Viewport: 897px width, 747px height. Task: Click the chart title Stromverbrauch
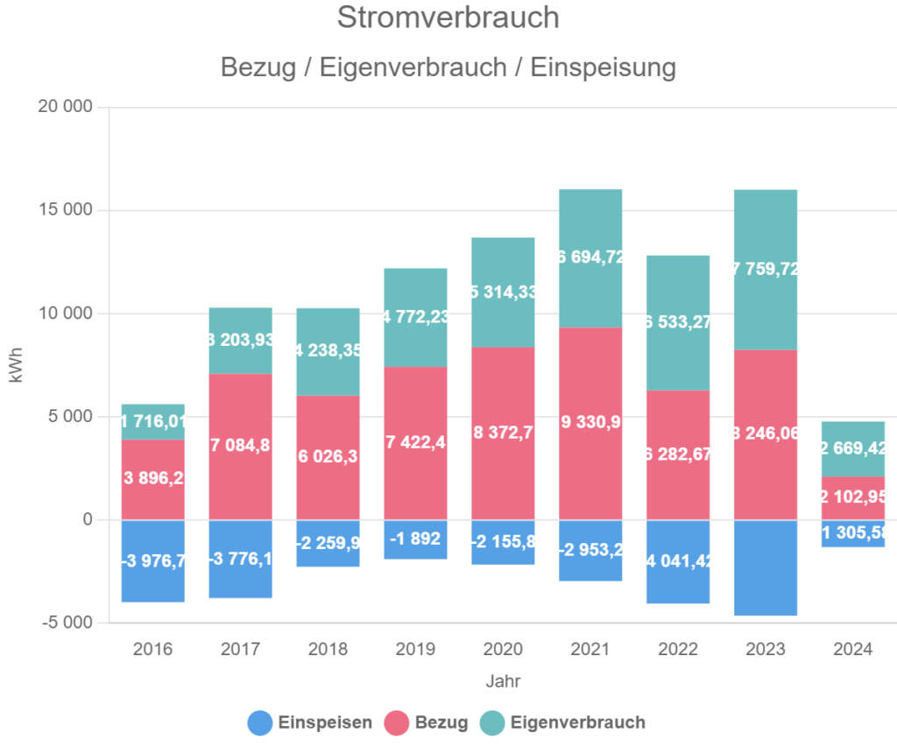tap(448, 18)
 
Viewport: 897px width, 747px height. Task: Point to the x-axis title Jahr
tap(503, 680)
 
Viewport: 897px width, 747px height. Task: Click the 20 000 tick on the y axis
tap(66, 108)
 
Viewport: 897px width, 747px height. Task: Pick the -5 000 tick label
tap(68, 623)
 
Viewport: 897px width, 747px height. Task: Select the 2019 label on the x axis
tap(415, 650)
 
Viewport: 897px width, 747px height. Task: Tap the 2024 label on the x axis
tap(852, 650)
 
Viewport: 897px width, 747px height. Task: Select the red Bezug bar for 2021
tap(590, 423)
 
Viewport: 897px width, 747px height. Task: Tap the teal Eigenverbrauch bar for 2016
tap(152, 421)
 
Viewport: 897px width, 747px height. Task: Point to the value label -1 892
tap(415, 538)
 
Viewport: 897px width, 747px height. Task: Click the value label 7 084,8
tap(240, 446)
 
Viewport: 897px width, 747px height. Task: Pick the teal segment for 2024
tap(852, 448)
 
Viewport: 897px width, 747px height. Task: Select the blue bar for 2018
tap(328, 543)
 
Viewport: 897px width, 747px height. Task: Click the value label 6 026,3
tap(328, 457)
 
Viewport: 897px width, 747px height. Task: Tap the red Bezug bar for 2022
tap(678, 455)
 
